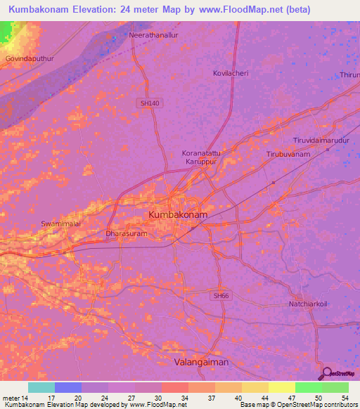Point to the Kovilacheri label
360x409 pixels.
(x=231, y=73)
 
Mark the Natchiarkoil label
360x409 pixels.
(x=309, y=304)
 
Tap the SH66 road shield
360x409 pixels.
(x=221, y=296)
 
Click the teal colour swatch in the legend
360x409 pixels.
(x=41, y=387)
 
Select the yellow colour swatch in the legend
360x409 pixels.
(x=281, y=387)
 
